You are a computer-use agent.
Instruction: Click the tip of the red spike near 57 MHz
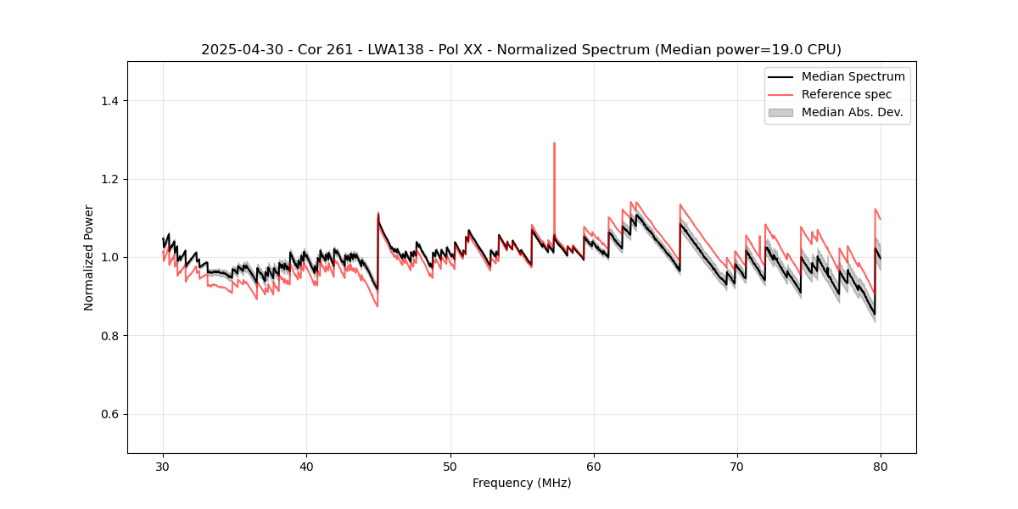(554, 143)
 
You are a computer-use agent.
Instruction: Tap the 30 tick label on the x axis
(163, 467)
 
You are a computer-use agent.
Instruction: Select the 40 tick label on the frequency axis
(306, 467)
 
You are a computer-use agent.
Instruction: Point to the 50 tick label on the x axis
(450, 467)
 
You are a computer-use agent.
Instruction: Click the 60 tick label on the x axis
(594, 467)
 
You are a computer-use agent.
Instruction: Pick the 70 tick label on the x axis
(737, 467)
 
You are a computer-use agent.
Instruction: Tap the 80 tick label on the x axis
(881, 467)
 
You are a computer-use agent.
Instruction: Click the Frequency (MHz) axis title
(522, 483)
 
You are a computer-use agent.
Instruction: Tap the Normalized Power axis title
(89, 257)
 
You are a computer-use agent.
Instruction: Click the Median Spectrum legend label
(853, 76)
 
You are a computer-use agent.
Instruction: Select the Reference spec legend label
(846, 94)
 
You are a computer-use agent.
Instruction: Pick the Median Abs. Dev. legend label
(852, 112)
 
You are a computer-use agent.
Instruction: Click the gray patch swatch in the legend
(780, 112)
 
